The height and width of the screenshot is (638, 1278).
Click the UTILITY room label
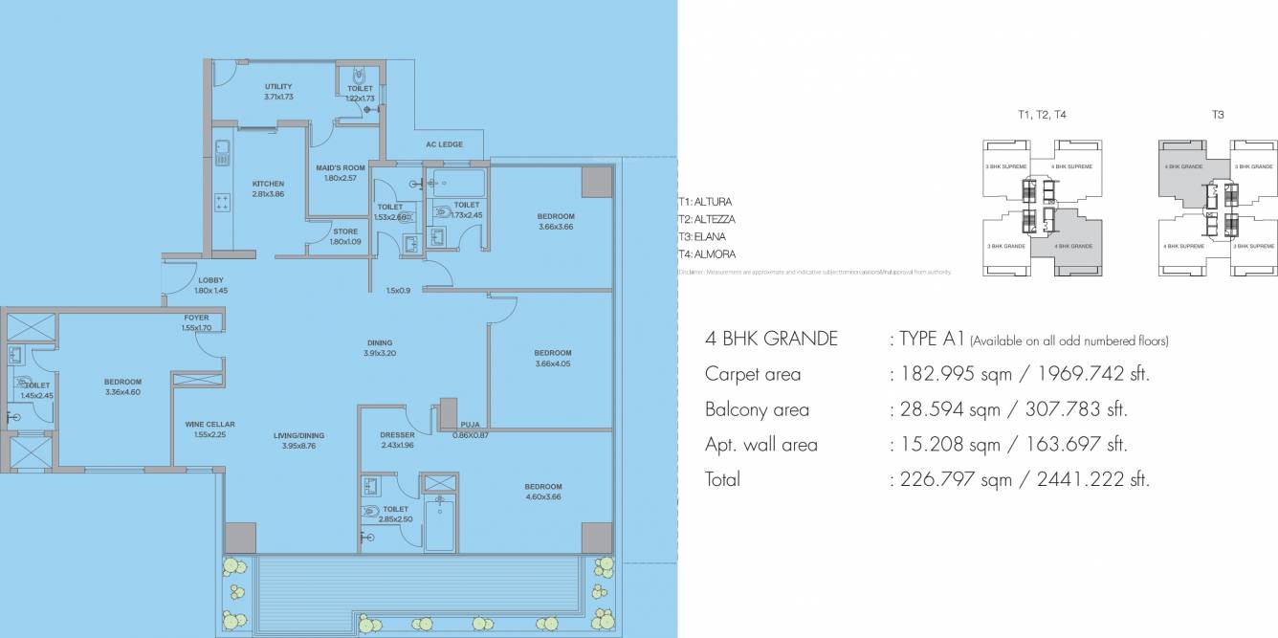coord(278,87)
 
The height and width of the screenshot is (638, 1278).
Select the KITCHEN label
coord(268,184)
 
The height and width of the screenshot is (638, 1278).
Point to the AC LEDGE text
coord(444,144)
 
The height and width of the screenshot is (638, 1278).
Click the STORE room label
coord(345,231)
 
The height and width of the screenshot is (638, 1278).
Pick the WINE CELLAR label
coord(210,424)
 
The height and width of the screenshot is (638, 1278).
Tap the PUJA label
coord(470,424)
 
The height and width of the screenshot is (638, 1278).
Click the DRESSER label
coord(396,434)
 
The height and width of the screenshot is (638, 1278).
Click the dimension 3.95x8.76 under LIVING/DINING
coord(299,446)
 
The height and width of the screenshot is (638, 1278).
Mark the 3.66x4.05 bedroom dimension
coord(553,363)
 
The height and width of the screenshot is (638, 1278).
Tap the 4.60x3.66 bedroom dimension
coord(542,496)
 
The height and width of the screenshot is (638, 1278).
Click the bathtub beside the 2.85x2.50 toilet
coord(441,522)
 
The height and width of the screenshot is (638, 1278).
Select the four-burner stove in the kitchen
coord(223,203)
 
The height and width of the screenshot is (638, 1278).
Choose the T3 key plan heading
coord(1218,114)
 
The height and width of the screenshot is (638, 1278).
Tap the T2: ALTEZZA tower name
coord(706,219)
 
